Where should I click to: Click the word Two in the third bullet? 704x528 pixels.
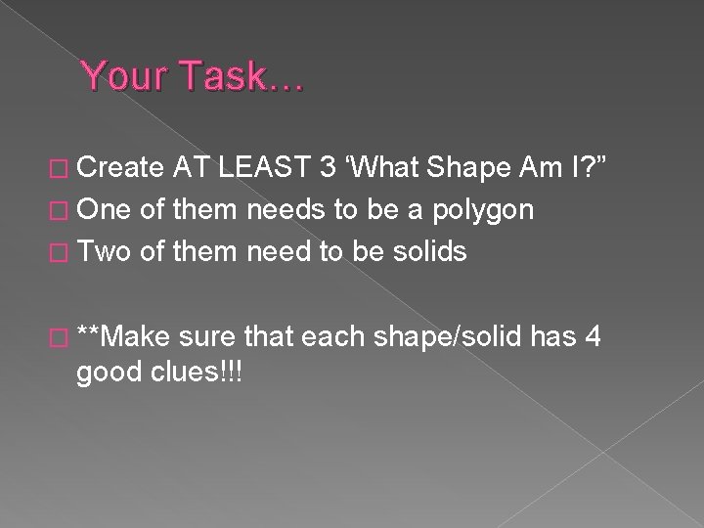108,251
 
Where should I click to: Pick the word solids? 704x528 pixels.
423,251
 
